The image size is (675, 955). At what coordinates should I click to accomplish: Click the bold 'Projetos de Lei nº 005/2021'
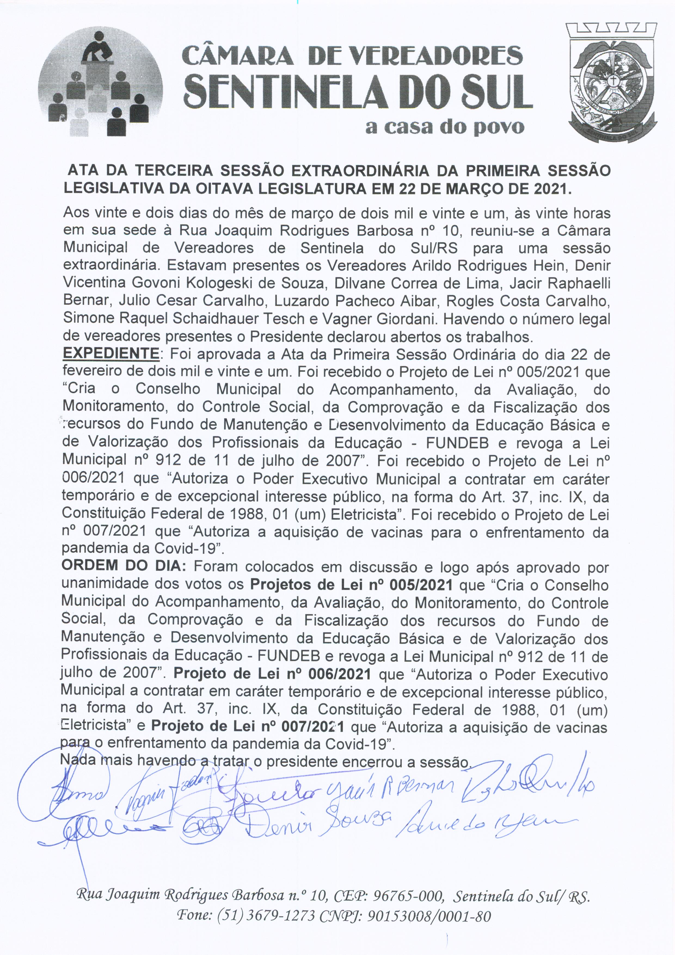(x=351, y=585)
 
